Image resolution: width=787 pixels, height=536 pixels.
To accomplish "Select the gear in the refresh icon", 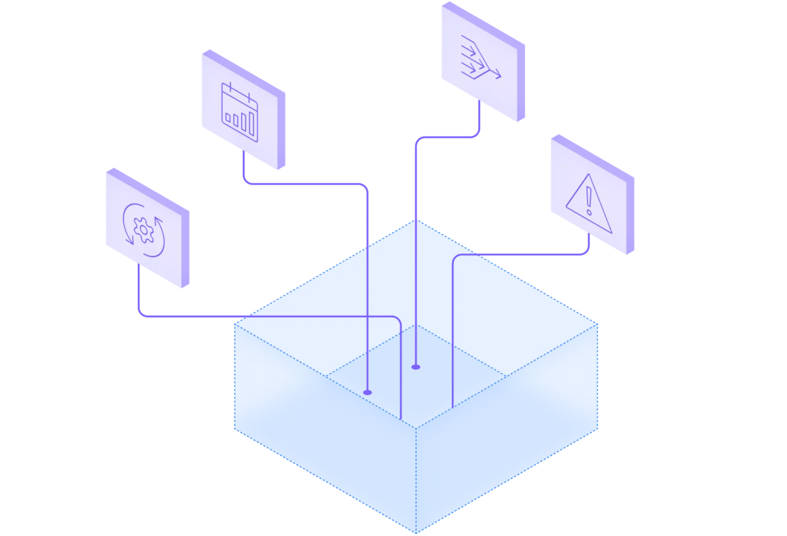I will point(144,230).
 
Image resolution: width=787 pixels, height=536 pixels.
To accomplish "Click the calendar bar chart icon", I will point(239,112).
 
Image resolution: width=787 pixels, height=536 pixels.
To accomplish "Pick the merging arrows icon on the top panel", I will point(480,60).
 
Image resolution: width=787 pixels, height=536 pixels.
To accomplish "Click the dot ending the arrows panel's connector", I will point(416,367).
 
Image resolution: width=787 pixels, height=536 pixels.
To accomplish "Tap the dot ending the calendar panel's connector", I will point(368,392).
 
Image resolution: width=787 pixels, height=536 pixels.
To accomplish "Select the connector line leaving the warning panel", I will point(523,254).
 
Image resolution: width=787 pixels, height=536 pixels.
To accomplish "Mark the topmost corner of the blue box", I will point(416,219).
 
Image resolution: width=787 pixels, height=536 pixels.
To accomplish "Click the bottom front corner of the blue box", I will point(416,532).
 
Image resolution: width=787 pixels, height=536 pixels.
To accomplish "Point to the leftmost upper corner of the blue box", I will point(234,321).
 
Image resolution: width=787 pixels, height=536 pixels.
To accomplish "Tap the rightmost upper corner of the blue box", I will point(598,321).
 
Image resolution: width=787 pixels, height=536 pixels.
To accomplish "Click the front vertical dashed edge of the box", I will point(416,479).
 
